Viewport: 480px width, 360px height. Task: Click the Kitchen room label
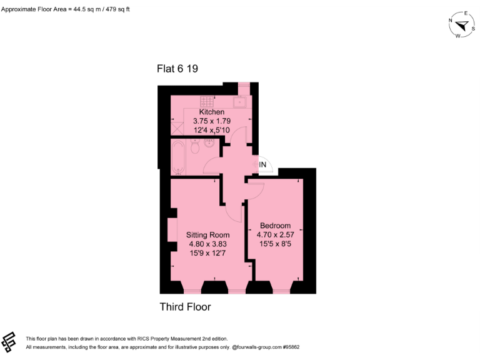pos(211,112)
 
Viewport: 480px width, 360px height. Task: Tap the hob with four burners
pos(207,101)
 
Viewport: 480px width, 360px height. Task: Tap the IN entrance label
pos(263,164)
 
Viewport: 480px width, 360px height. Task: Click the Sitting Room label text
pos(207,235)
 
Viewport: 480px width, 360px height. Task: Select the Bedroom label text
pos(275,226)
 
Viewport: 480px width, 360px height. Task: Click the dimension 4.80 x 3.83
pos(207,244)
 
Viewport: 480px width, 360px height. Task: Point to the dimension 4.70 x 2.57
pos(275,235)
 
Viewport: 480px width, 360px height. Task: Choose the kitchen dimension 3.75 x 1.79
pos(211,121)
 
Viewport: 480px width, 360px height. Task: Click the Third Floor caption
pos(185,307)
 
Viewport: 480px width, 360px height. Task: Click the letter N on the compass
pos(451,20)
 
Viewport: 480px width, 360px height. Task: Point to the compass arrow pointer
pos(463,26)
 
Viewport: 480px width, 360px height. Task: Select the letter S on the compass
pos(473,27)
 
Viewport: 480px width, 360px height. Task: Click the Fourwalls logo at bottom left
pos(9,342)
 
